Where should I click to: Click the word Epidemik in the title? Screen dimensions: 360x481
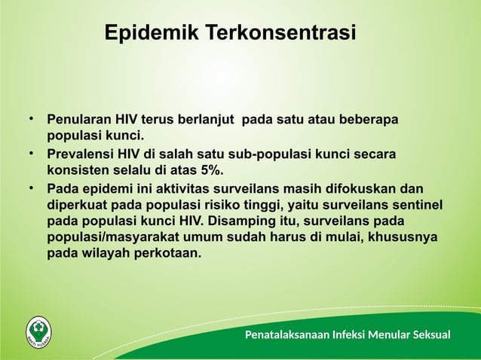[x=149, y=34]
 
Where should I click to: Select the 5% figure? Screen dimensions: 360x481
[x=209, y=169]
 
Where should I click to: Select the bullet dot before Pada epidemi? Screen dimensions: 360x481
[x=32, y=186]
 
